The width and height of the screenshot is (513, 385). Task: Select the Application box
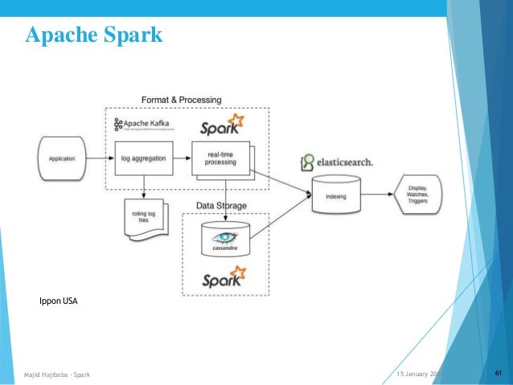pos(61,158)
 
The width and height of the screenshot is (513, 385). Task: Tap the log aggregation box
pos(144,158)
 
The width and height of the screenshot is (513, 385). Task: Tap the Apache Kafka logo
pos(147,125)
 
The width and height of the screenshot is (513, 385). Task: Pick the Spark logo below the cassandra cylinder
pos(223,280)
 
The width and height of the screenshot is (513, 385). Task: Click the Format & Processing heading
pos(181,100)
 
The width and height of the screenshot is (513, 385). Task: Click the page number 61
pos(499,373)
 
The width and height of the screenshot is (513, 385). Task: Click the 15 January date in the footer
pos(417,374)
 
